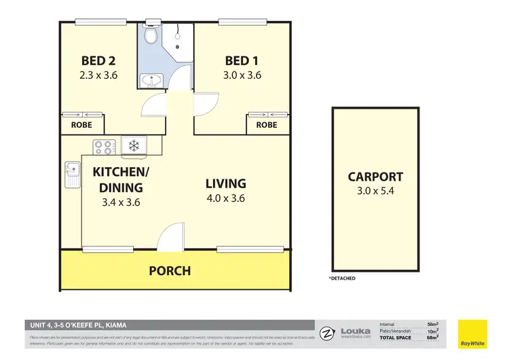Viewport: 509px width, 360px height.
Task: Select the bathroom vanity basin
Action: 151,82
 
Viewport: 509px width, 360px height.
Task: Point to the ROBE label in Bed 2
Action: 83,125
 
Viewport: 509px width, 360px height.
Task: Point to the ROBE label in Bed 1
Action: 267,125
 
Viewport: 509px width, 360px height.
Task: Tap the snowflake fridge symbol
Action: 134,145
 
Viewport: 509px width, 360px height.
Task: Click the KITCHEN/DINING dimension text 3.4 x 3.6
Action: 117,202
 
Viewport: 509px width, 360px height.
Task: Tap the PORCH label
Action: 170,270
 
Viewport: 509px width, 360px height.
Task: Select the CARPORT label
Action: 375,177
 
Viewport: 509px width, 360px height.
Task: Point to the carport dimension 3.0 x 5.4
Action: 375,192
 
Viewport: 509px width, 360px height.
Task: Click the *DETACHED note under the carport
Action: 342,278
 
